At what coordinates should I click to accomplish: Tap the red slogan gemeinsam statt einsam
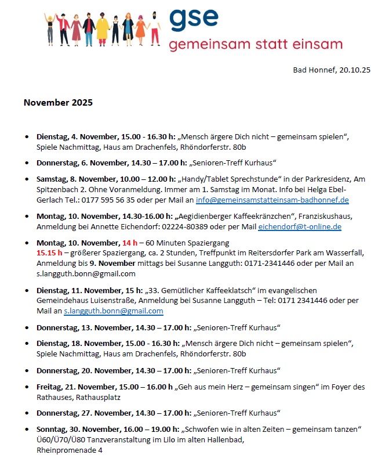tap(256, 45)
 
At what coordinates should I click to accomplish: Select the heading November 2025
tap(58, 103)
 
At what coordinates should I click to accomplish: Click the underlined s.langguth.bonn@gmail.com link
tap(105, 311)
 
